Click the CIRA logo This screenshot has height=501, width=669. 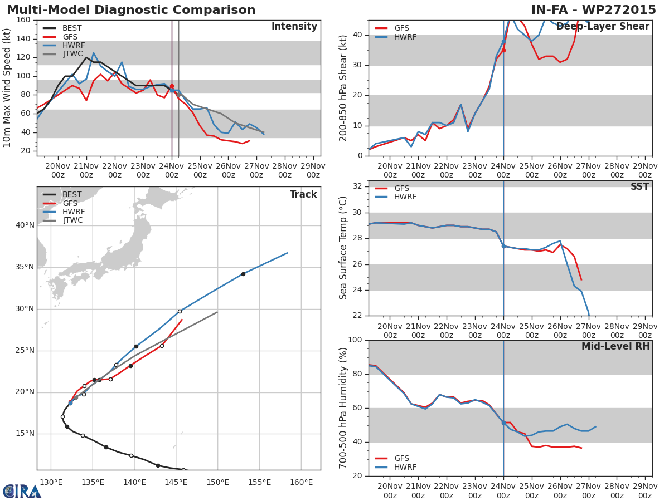coord(22,491)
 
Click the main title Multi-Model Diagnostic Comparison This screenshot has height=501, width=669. coord(131,10)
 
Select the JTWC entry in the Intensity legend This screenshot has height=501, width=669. coord(72,54)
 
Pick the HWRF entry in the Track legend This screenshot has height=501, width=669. coord(74,212)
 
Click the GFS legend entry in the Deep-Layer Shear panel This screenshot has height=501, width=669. coord(401,28)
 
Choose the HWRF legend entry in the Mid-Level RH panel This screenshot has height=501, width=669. coord(405,468)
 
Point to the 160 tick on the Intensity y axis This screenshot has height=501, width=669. coord(23,20)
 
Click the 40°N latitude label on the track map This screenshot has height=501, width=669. coord(25,225)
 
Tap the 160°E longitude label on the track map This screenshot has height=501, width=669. coord(301,482)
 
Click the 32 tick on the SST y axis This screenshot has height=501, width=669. coord(357,186)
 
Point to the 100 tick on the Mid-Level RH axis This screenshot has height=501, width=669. coord(355,340)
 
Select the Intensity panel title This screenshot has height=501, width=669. coord(294,27)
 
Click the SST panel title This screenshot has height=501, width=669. coord(639,187)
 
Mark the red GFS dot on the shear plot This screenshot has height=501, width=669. coord(503,50)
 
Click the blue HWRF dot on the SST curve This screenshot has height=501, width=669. coord(503,246)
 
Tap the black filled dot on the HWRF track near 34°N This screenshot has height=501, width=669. coord(243,274)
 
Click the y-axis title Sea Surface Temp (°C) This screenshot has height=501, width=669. coord(343,248)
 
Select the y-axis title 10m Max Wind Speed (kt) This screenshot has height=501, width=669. coord(7,88)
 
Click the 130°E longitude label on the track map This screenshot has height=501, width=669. coord(51,482)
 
